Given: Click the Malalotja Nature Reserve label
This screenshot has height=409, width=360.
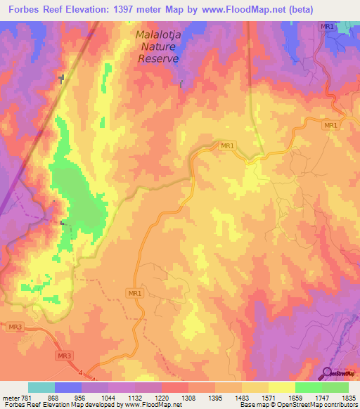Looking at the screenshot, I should pyautogui.click(x=157, y=46).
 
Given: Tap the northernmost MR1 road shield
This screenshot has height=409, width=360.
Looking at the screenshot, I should pyautogui.click(x=326, y=27).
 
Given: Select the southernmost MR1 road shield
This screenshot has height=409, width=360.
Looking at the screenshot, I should pyautogui.click(x=136, y=292).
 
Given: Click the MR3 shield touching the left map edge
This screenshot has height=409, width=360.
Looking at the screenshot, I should pyautogui.click(x=14, y=327).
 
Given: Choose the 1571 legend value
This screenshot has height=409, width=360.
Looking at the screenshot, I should pyautogui.click(x=269, y=397).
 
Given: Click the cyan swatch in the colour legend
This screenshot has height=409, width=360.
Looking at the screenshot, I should pyautogui.click(x=41, y=387).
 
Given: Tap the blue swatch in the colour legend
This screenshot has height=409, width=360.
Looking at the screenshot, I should pyautogui.click(x=67, y=387).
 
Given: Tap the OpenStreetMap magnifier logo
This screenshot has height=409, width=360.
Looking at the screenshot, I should pyautogui.click(x=326, y=372).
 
